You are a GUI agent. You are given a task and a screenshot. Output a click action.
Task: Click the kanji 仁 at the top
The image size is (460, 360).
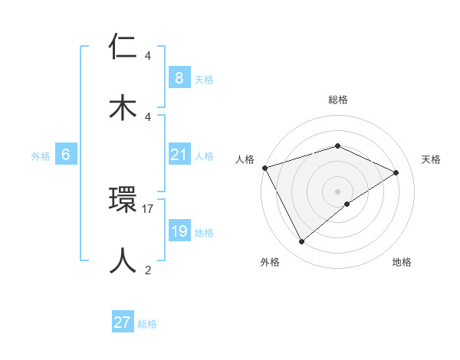pos(123,47)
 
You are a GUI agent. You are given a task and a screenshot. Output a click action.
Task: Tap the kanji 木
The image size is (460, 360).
pos(123,108)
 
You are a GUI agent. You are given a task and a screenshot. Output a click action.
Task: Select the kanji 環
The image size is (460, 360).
pos(123,200)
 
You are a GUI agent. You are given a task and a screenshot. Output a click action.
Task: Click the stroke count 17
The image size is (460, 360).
pos(149,208)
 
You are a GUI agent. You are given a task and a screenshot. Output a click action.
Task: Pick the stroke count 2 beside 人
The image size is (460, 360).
pos(148,270)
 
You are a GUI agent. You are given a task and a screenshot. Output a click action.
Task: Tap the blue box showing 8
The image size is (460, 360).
pos(179,77)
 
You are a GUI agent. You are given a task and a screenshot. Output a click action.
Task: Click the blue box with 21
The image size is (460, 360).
pos(179,155)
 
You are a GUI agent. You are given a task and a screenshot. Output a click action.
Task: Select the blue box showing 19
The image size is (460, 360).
pos(179,231)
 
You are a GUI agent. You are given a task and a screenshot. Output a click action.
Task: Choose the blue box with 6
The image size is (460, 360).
pos(66,155)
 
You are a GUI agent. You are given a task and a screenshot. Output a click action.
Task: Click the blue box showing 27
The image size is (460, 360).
pos(123,322)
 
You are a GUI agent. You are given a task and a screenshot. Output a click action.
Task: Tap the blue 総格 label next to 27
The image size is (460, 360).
pos(147,324)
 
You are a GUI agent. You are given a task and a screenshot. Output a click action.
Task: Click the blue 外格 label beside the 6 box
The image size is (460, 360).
pos(41,155)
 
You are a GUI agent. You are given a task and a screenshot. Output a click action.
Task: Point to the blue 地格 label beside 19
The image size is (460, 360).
pos(204,232)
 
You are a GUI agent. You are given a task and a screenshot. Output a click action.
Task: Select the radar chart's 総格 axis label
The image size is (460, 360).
pos(338,100)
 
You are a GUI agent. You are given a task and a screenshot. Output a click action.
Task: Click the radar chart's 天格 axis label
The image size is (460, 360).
pos(432,159)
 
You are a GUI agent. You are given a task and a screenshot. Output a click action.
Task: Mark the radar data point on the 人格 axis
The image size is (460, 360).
pos(264,168)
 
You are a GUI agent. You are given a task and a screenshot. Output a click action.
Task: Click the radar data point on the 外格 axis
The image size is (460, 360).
pos(302,242)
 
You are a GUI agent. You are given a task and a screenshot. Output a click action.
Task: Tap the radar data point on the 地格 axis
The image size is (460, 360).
pos(347,204)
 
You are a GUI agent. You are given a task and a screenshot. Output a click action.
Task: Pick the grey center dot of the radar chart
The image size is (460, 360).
pos(338,191)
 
